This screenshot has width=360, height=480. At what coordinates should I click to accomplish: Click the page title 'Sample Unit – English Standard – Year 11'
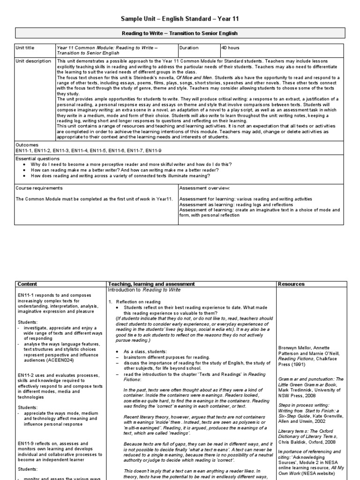click(180, 18)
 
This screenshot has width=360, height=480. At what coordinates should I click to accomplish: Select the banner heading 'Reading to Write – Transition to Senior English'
click(180, 33)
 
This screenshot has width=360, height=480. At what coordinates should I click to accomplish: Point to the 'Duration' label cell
click(190, 48)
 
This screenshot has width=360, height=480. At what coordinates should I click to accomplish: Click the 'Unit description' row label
click(33, 61)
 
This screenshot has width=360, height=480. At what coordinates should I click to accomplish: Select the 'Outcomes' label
click(27, 145)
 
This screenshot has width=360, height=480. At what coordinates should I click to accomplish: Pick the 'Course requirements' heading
click(39, 188)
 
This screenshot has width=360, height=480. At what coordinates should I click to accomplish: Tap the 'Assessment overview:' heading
click(204, 188)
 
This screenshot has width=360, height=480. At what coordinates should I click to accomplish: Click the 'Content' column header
click(27, 284)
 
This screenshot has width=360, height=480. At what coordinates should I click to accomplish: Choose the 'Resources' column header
click(291, 284)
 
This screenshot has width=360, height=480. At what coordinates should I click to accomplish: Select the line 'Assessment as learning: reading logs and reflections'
click(236, 205)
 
